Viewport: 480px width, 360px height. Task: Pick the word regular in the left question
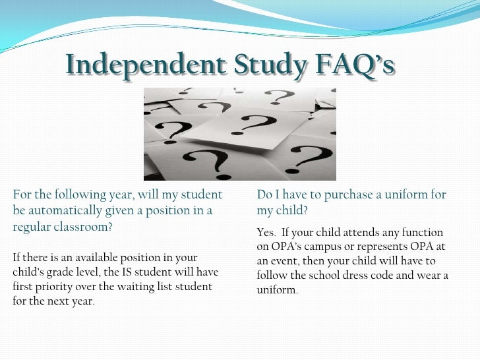[x=30, y=227]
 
